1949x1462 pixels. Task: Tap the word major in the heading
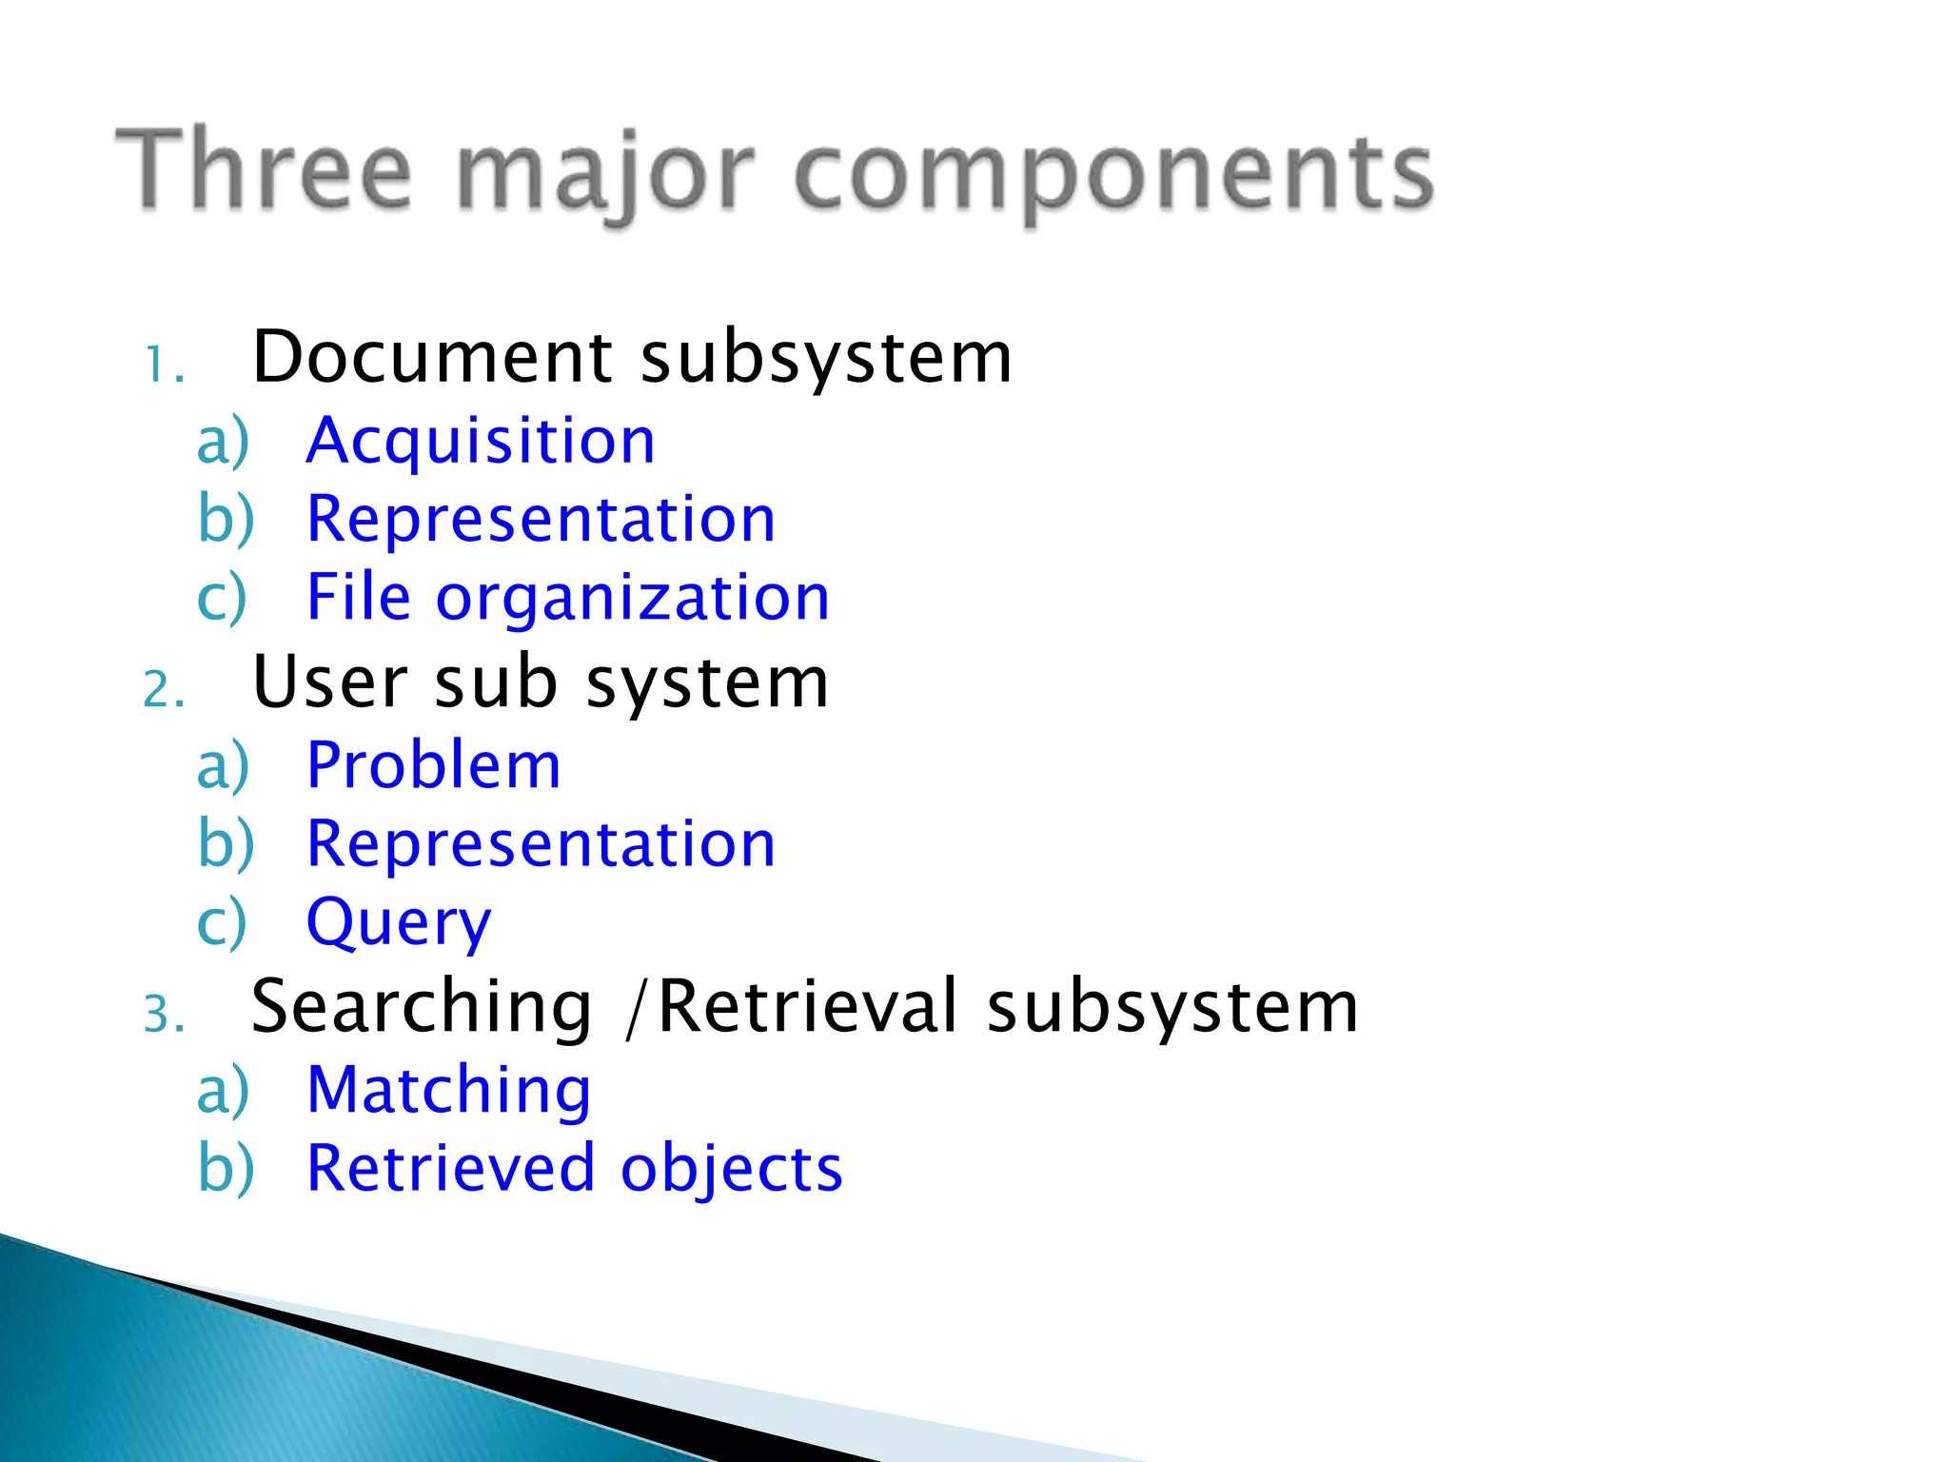point(606,175)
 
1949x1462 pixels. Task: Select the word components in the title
point(1112,175)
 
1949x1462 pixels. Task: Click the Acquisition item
point(481,442)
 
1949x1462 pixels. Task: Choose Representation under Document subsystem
point(541,520)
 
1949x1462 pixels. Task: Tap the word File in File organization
point(359,598)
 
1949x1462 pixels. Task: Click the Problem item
point(434,765)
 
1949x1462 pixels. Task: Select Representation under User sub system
point(541,844)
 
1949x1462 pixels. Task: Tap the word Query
point(399,923)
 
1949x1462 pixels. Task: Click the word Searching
point(422,1007)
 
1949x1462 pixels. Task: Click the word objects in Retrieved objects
point(731,1170)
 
